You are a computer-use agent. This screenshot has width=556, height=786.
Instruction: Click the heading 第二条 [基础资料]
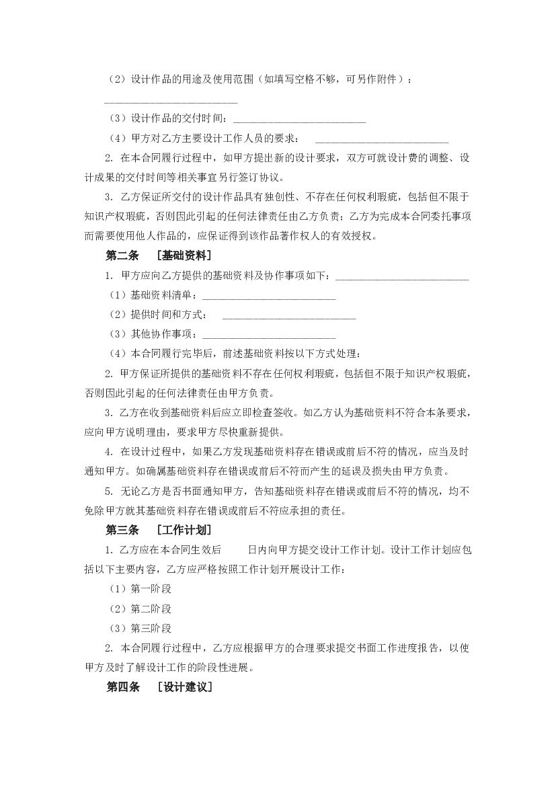[159, 256]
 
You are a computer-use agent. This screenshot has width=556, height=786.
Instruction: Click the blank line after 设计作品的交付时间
[299, 121]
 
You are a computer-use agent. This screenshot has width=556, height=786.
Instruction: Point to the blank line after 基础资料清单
[268, 297]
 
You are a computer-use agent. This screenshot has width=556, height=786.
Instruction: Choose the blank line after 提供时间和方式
[288, 316]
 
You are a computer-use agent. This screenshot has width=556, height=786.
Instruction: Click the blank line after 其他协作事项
[268, 336]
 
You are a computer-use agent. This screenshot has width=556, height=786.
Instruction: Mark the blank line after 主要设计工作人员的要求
[381, 141]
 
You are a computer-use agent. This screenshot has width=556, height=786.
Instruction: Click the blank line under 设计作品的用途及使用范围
[171, 102]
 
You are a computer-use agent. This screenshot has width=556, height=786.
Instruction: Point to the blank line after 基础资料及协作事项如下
[401, 277]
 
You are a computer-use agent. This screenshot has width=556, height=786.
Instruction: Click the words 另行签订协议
[250, 178]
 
